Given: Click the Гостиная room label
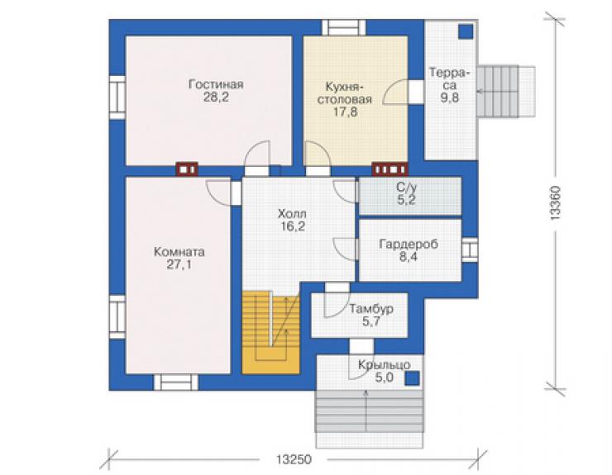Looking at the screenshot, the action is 216,84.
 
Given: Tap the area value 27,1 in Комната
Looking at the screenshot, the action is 179,265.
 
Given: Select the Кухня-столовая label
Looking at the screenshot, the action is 345,93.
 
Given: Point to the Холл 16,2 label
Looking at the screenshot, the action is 292,220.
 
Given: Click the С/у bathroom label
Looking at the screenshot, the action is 407,188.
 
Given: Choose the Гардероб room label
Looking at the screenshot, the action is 409,245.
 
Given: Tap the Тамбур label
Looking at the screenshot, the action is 371,309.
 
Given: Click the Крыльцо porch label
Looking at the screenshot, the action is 385,365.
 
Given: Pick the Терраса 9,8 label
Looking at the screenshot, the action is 450,85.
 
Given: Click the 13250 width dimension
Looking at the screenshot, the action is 294,459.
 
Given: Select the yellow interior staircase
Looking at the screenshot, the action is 271,333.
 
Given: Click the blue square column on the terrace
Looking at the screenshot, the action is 466,31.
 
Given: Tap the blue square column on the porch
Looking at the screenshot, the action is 412,378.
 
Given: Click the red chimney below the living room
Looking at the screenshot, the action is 187,169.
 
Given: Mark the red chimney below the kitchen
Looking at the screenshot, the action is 390,169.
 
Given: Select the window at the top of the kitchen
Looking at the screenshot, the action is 343,28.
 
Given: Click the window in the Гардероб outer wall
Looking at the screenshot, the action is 470,249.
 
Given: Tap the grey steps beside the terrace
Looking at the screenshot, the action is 506,92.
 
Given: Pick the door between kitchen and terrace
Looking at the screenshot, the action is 417,92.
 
